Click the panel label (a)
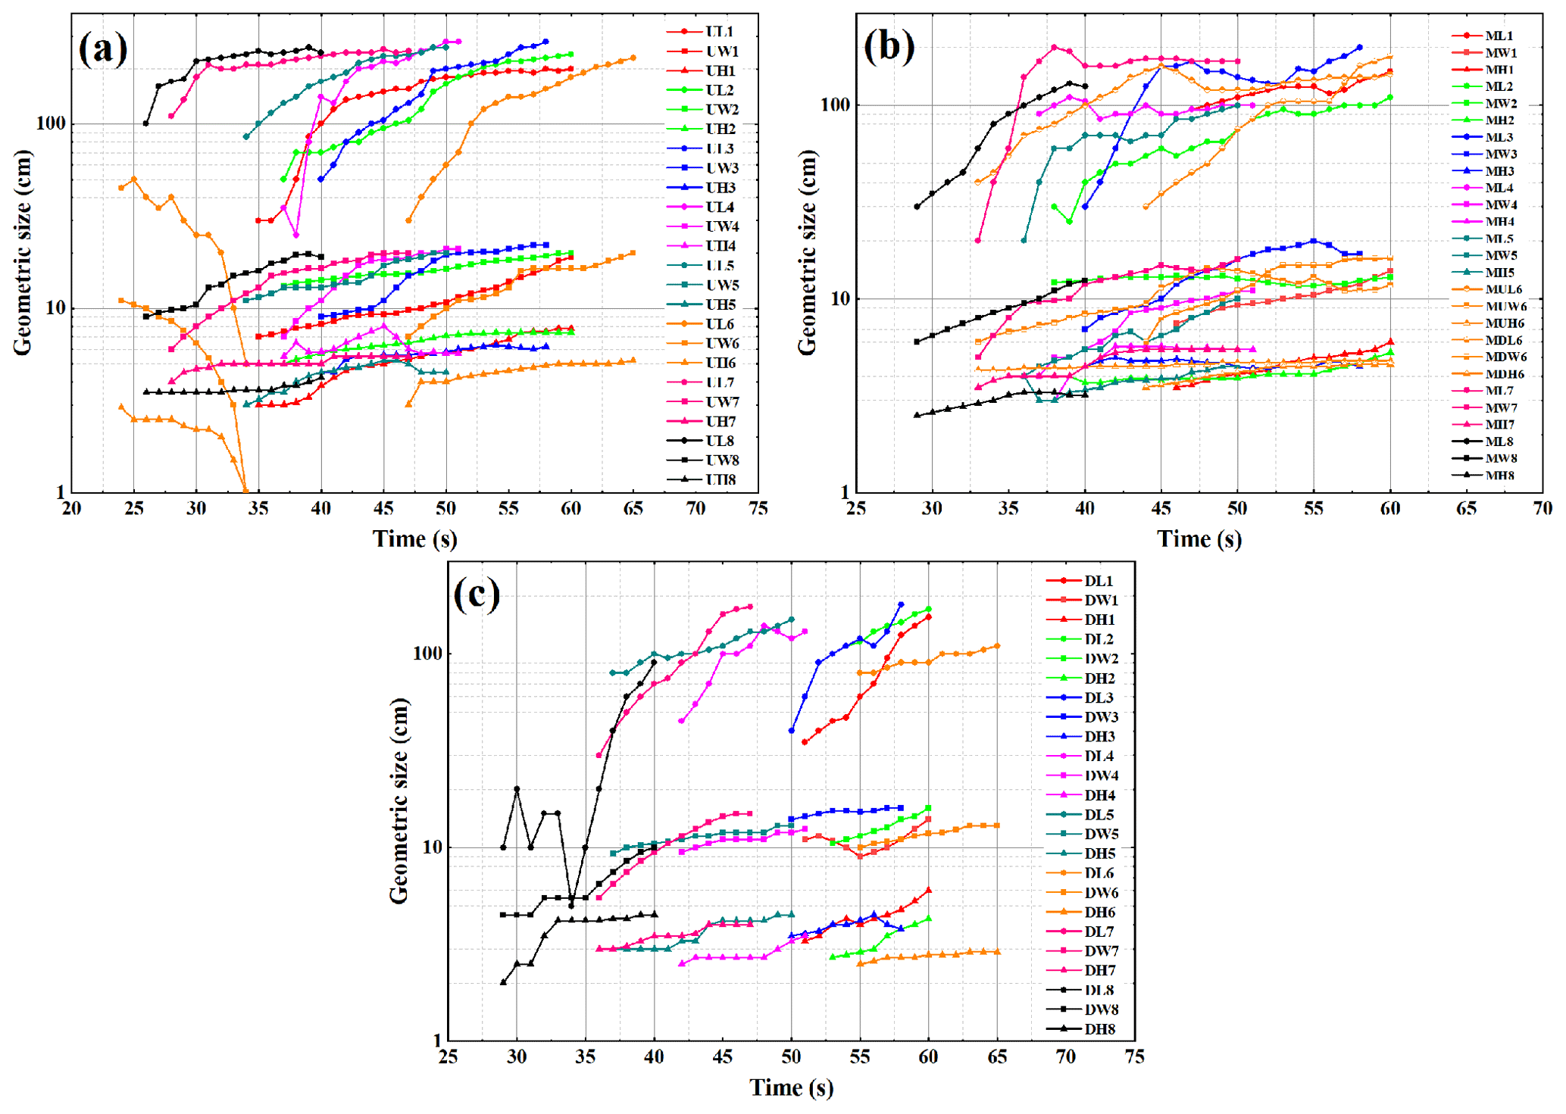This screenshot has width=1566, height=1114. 103,49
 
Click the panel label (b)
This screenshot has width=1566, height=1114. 889,47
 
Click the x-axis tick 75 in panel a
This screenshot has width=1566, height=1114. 758,508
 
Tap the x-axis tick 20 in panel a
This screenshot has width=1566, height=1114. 71,508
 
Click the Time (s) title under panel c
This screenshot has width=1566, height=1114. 791,1087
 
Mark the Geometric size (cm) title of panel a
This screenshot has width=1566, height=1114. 23,252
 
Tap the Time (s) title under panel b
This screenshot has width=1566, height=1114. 1199,539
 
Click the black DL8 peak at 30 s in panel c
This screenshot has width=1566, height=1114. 517,789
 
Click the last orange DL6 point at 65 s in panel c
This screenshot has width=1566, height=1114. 997,646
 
